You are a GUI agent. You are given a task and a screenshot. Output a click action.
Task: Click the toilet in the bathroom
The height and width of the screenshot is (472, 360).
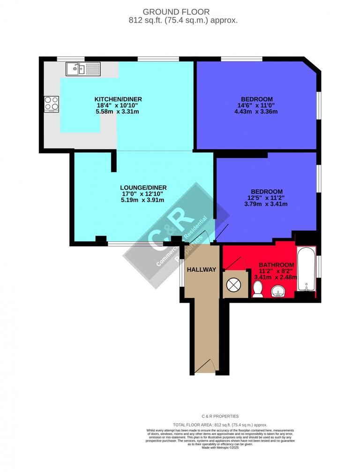(257, 290)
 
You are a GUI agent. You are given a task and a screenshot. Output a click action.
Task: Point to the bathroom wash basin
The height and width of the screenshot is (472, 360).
(278, 292)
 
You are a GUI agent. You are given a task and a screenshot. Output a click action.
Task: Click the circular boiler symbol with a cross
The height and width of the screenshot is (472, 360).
(233, 284)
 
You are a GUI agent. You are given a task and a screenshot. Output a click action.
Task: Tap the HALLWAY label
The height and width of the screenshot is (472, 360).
(201, 269)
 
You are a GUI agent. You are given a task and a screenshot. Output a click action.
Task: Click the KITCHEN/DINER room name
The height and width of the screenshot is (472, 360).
(118, 99)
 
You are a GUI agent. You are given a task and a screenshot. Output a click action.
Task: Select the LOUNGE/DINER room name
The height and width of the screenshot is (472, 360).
(143, 188)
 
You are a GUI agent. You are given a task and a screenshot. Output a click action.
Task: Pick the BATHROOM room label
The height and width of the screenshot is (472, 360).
(277, 265)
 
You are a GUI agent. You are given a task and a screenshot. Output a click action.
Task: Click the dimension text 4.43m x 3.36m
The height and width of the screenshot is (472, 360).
(256, 112)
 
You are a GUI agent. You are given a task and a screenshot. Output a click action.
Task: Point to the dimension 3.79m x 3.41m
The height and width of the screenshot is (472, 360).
(266, 204)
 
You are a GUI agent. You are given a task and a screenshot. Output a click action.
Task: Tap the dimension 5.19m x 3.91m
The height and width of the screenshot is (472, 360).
(142, 200)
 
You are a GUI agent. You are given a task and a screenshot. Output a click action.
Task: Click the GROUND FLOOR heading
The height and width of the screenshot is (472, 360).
(176, 11)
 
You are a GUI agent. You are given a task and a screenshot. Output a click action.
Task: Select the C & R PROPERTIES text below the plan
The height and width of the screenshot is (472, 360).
(220, 416)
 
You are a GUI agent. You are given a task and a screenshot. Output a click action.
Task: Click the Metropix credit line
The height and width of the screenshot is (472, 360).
(220, 448)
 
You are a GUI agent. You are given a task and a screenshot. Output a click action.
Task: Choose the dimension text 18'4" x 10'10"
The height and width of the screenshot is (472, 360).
(118, 106)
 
